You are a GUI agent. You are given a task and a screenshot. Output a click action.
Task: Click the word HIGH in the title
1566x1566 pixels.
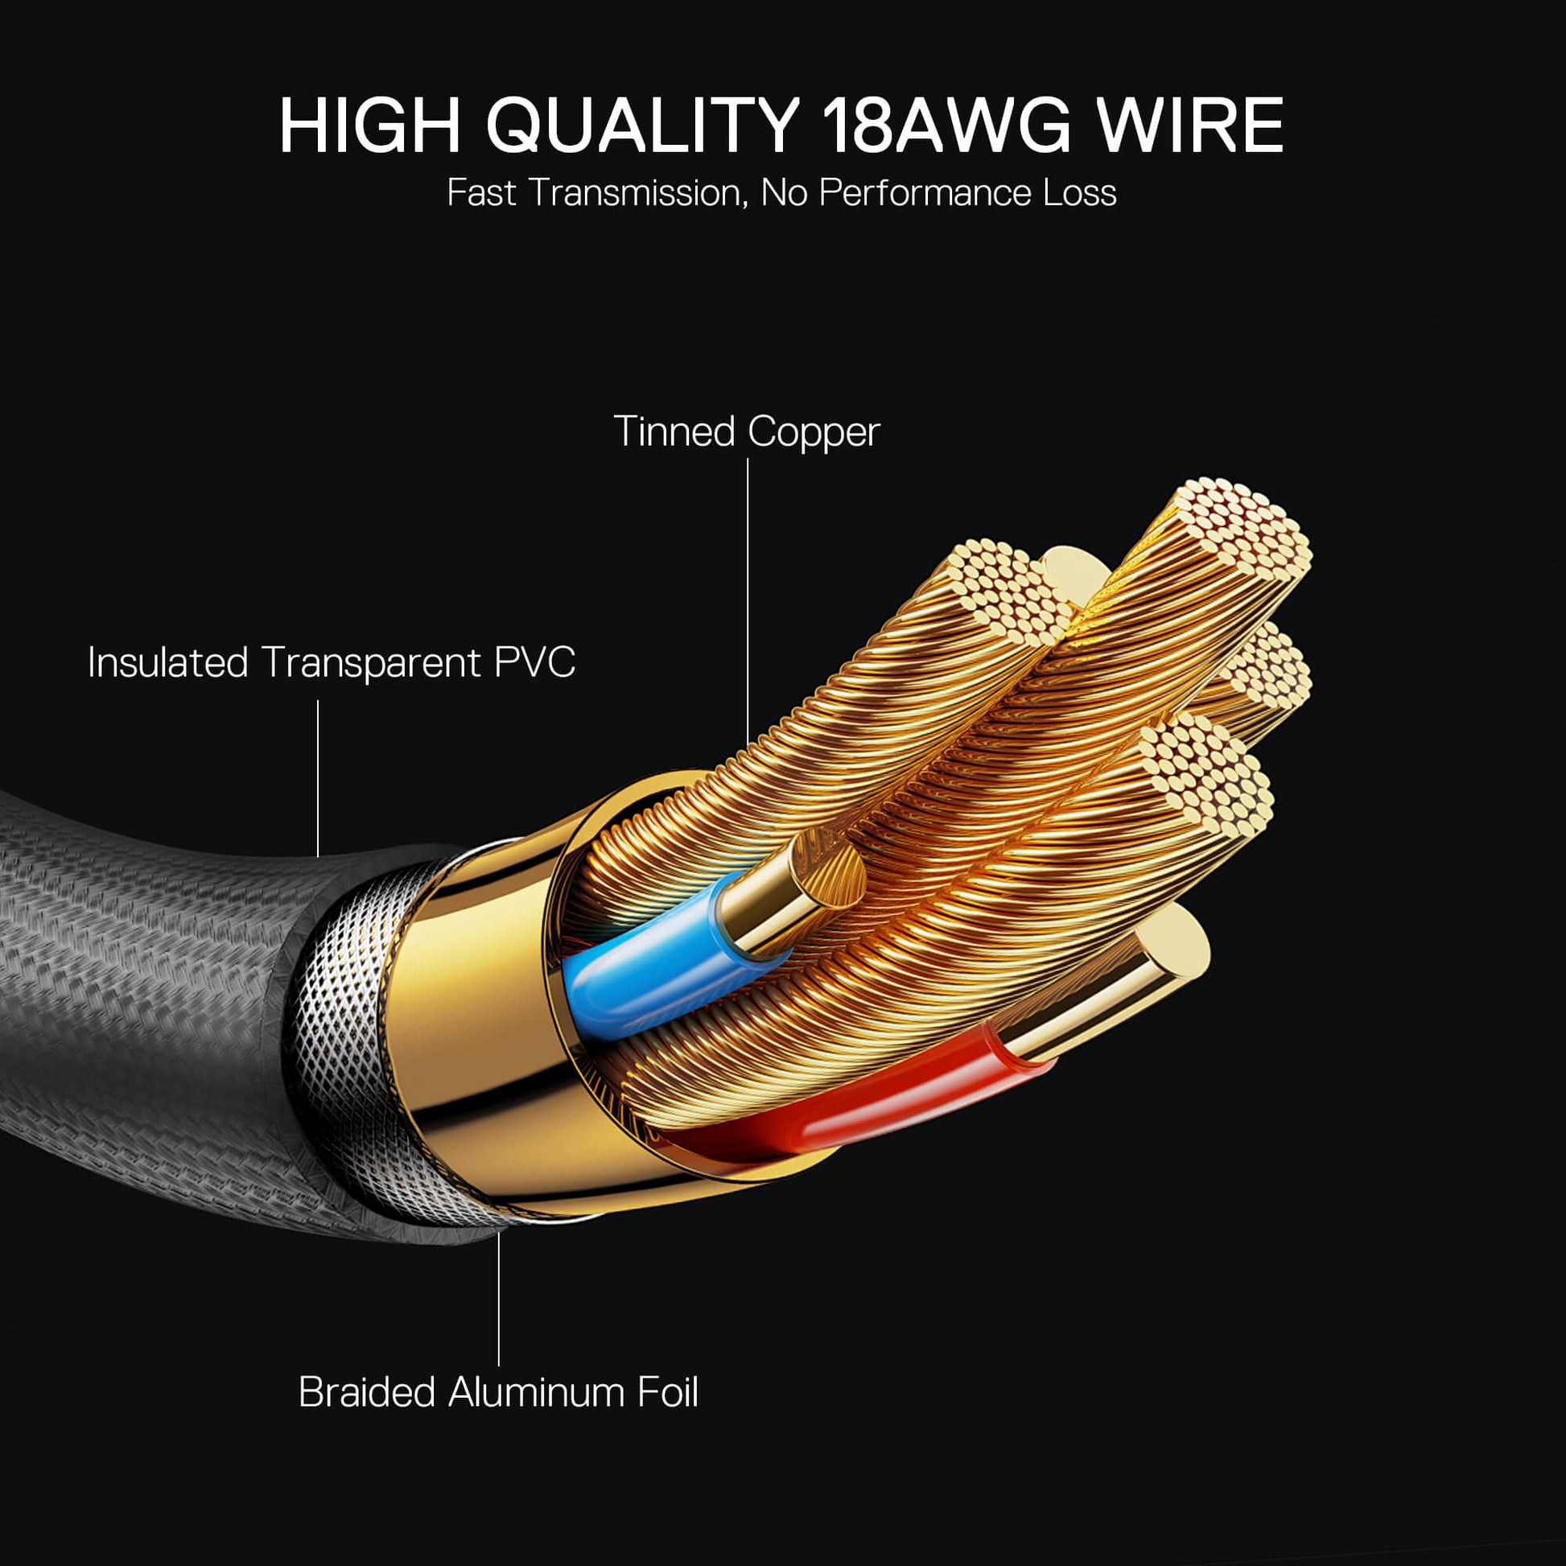click(x=369, y=126)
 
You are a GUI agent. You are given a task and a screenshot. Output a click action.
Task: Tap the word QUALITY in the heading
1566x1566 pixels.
click(x=643, y=126)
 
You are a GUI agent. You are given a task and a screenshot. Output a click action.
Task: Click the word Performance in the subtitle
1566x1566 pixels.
click(x=924, y=194)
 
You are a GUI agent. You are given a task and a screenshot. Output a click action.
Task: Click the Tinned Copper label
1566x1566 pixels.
click(x=747, y=431)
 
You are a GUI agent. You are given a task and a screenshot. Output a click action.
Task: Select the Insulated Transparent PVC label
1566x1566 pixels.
click(x=331, y=662)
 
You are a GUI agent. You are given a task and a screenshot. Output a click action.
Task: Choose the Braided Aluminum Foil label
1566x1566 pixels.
click(x=497, y=1391)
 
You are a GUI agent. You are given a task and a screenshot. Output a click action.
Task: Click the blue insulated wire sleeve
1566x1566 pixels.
click(x=649, y=965)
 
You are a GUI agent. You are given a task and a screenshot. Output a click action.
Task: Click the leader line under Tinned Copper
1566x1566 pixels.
click(x=748, y=600)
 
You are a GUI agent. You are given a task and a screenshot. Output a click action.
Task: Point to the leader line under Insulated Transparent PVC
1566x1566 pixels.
click(x=318, y=778)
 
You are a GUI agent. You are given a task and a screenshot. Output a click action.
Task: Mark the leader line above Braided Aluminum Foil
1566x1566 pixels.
click(x=498, y=1297)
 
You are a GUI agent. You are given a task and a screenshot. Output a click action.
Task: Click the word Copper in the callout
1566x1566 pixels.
click(x=813, y=431)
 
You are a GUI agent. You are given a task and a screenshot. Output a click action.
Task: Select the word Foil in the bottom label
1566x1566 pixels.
click(x=667, y=1391)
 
